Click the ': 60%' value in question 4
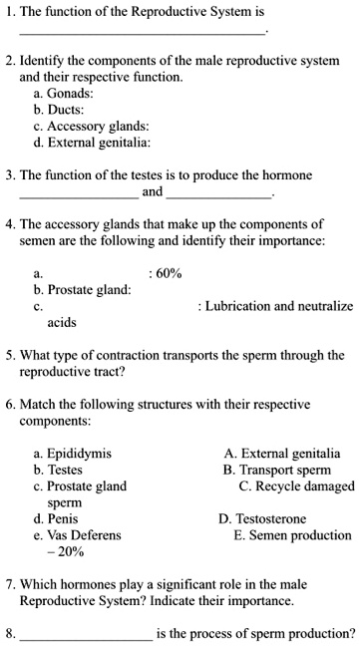coord(165,273)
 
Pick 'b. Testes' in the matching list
coord(59,470)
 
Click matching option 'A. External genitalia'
coord(282,454)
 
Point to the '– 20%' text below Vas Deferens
coord(66,551)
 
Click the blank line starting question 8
coord(86,634)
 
